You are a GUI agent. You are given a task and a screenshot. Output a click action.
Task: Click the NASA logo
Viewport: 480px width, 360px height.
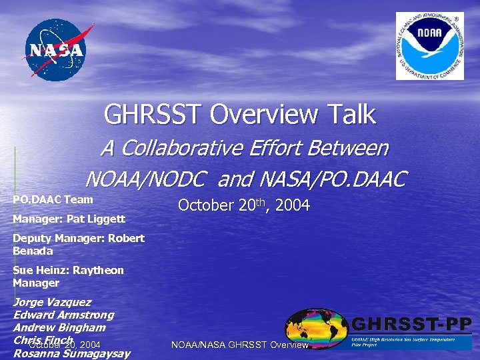[x=56, y=50]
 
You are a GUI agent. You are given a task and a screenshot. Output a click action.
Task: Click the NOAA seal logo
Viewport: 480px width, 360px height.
[x=429, y=46]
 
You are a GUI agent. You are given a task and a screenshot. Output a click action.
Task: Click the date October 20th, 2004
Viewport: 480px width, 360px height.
[x=243, y=205]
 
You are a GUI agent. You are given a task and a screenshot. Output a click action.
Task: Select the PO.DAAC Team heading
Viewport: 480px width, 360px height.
[x=53, y=199]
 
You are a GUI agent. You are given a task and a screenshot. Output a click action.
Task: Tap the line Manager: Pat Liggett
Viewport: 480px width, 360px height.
[x=69, y=219]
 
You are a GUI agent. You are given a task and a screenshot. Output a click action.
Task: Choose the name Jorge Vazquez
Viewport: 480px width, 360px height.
[x=52, y=302]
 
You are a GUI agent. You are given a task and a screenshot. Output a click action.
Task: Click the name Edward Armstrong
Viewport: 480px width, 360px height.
[x=63, y=315]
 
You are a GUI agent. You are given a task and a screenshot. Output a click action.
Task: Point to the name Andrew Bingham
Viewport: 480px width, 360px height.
[x=59, y=327]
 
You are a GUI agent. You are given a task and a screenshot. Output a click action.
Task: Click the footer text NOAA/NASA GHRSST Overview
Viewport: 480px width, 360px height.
[x=240, y=345]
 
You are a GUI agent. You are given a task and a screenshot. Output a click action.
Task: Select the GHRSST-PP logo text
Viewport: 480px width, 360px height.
[x=411, y=325]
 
